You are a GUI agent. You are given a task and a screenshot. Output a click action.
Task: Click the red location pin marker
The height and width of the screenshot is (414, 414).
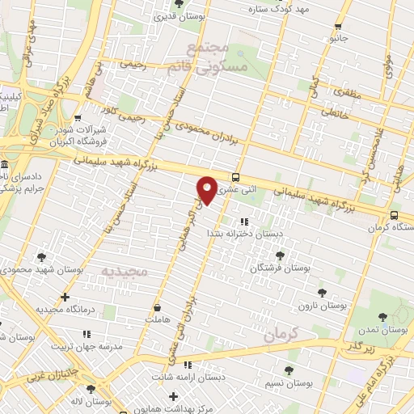pos(207,190)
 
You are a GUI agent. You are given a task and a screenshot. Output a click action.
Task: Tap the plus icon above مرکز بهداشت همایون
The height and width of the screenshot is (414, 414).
pos(173,397)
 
